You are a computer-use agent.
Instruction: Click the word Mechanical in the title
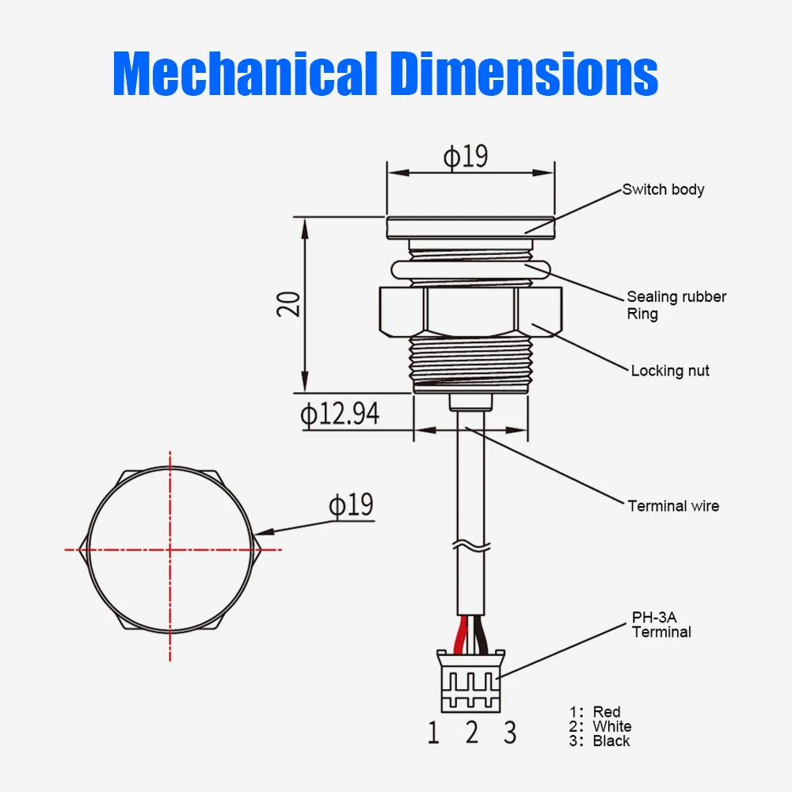coord(246,73)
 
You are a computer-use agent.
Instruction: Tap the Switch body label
coord(663,189)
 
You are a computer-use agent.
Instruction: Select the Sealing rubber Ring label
coord(676,305)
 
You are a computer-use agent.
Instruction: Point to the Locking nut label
coord(670,371)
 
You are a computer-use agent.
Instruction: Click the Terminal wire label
coord(673,505)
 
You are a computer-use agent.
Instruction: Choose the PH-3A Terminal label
coord(661,624)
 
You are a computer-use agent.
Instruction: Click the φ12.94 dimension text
coord(340,413)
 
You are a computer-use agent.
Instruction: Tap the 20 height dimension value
coord(289,304)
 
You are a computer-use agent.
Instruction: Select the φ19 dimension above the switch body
coord(466,156)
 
